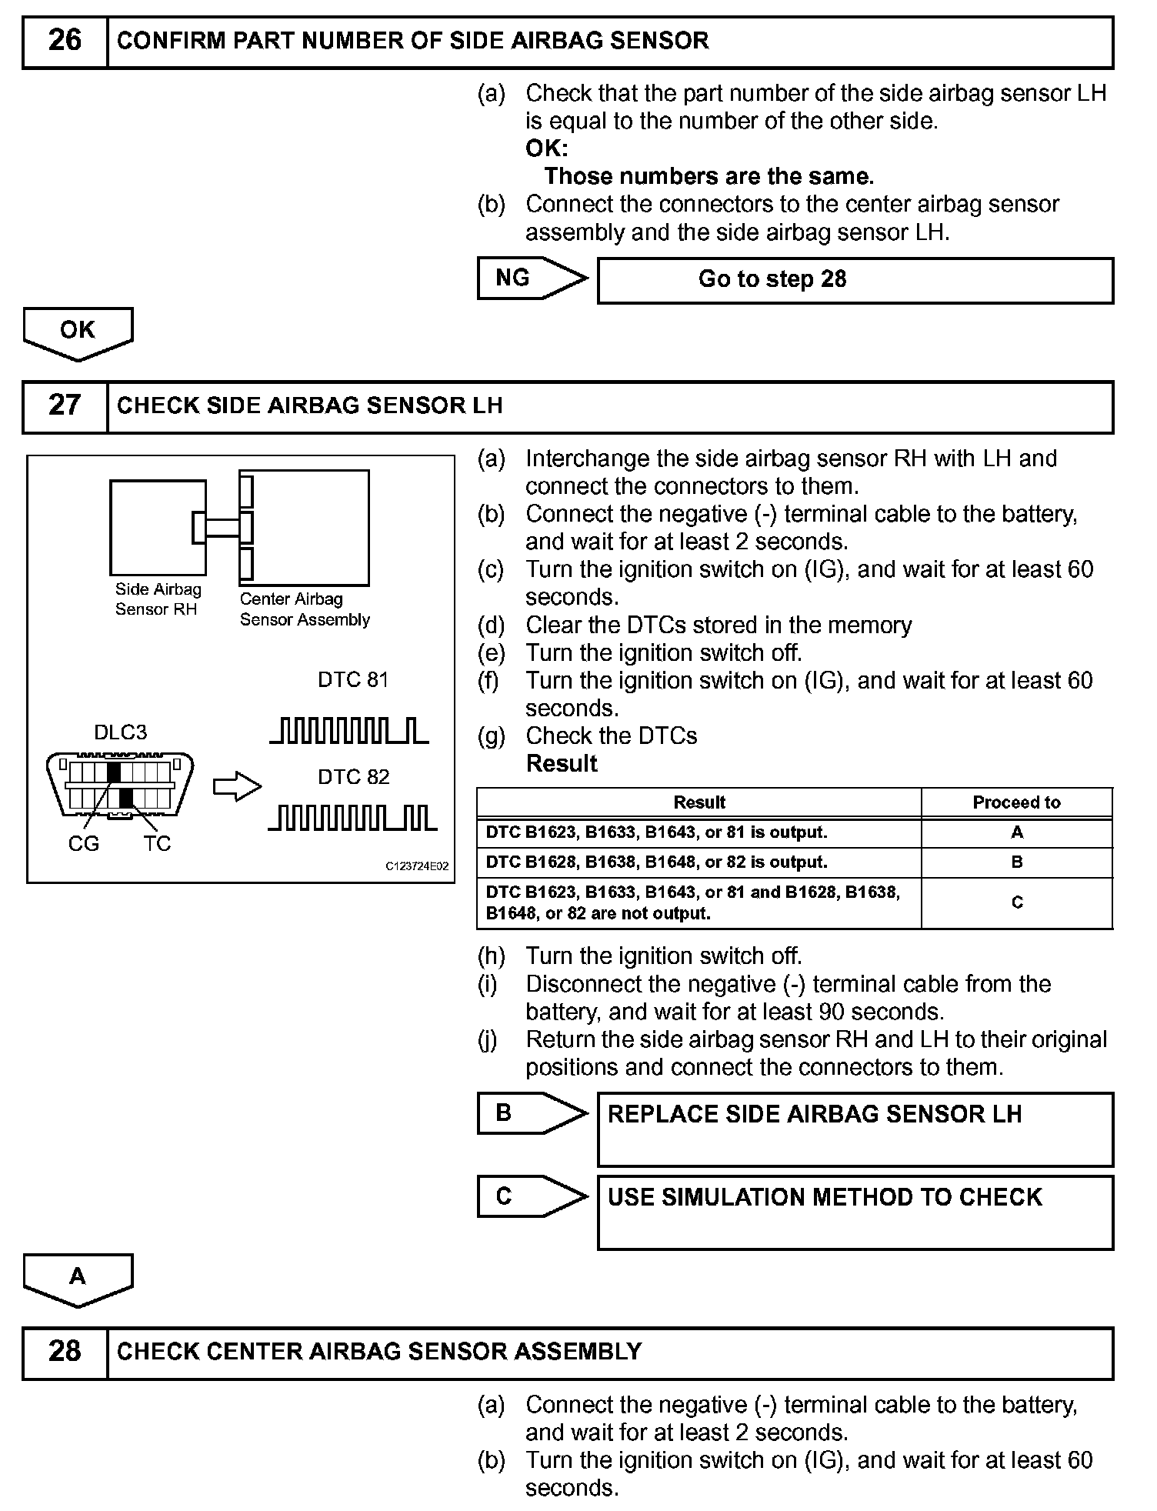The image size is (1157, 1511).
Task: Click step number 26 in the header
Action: coord(65,42)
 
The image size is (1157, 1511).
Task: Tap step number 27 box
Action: coord(65,406)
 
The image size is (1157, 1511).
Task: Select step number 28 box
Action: coord(65,1352)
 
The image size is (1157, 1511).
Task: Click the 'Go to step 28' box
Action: coord(855,280)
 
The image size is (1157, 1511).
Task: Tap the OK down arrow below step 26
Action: coord(78,333)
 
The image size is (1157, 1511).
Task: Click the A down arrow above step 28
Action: coord(78,1279)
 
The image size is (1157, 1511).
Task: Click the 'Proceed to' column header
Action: coord(1016,802)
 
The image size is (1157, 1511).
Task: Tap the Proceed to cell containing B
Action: coord(1016,862)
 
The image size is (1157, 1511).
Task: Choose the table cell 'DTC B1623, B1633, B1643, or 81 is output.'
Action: coord(699,832)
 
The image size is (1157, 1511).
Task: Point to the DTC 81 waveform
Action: coord(349,730)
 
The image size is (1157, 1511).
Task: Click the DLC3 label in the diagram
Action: coord(120,732)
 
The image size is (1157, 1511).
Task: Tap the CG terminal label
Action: coord(84,844)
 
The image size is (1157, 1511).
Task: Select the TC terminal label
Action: coord(157,844)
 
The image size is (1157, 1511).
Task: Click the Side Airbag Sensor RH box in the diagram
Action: coord(158,528)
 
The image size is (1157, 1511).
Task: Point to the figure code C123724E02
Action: coord(417,866)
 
